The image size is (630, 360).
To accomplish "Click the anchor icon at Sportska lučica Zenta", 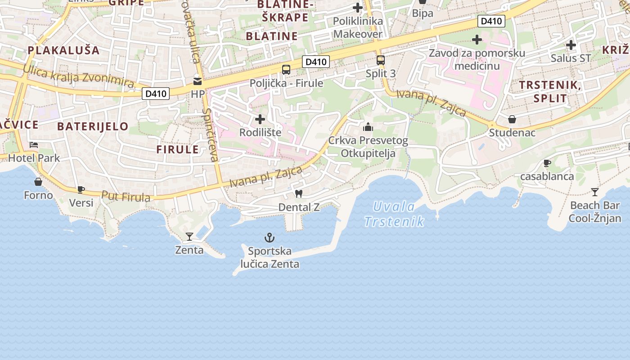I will click(269, 237).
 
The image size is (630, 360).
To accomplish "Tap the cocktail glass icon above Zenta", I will click(189, 236).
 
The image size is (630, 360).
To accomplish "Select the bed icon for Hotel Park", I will click(34, 145).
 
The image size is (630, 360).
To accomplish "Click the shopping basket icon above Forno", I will click(38, 182).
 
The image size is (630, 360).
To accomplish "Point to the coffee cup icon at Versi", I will click(81, 189).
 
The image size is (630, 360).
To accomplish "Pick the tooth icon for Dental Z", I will click(297, 194).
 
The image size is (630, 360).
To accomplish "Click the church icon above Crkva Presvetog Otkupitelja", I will click(368, 127).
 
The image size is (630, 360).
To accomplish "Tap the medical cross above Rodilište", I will click(260, 119).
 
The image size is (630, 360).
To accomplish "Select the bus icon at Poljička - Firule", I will click(286, 70).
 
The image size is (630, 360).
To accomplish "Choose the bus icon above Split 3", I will click(381, 60).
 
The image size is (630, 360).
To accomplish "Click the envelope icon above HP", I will click(198, 81).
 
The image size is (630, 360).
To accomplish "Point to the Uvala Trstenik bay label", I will click(394, 214).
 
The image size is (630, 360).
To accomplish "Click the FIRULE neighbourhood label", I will click(177, 149).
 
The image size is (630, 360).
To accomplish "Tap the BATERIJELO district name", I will click(93, 126).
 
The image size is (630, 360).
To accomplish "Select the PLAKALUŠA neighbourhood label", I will click(64, 50).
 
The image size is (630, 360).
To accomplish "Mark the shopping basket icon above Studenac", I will click(512, 119).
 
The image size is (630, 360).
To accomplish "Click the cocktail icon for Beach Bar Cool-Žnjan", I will click(595, 192).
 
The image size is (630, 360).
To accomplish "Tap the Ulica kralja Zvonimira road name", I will click(79, 76).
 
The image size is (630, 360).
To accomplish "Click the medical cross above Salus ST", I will click(571, 45).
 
